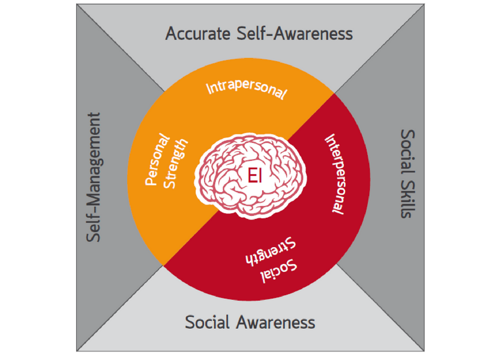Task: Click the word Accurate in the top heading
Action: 198,34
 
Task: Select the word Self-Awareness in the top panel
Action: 295,34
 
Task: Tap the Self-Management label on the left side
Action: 94,177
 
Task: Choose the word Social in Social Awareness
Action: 207,322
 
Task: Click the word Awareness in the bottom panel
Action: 275,322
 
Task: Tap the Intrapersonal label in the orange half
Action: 247,89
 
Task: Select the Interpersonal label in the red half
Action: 335,174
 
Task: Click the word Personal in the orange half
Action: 157,160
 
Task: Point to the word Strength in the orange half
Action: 176,164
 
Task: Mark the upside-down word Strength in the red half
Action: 271,251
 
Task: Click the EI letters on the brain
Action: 254,176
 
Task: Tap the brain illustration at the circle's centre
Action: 250,176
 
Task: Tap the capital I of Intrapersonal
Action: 209,88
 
